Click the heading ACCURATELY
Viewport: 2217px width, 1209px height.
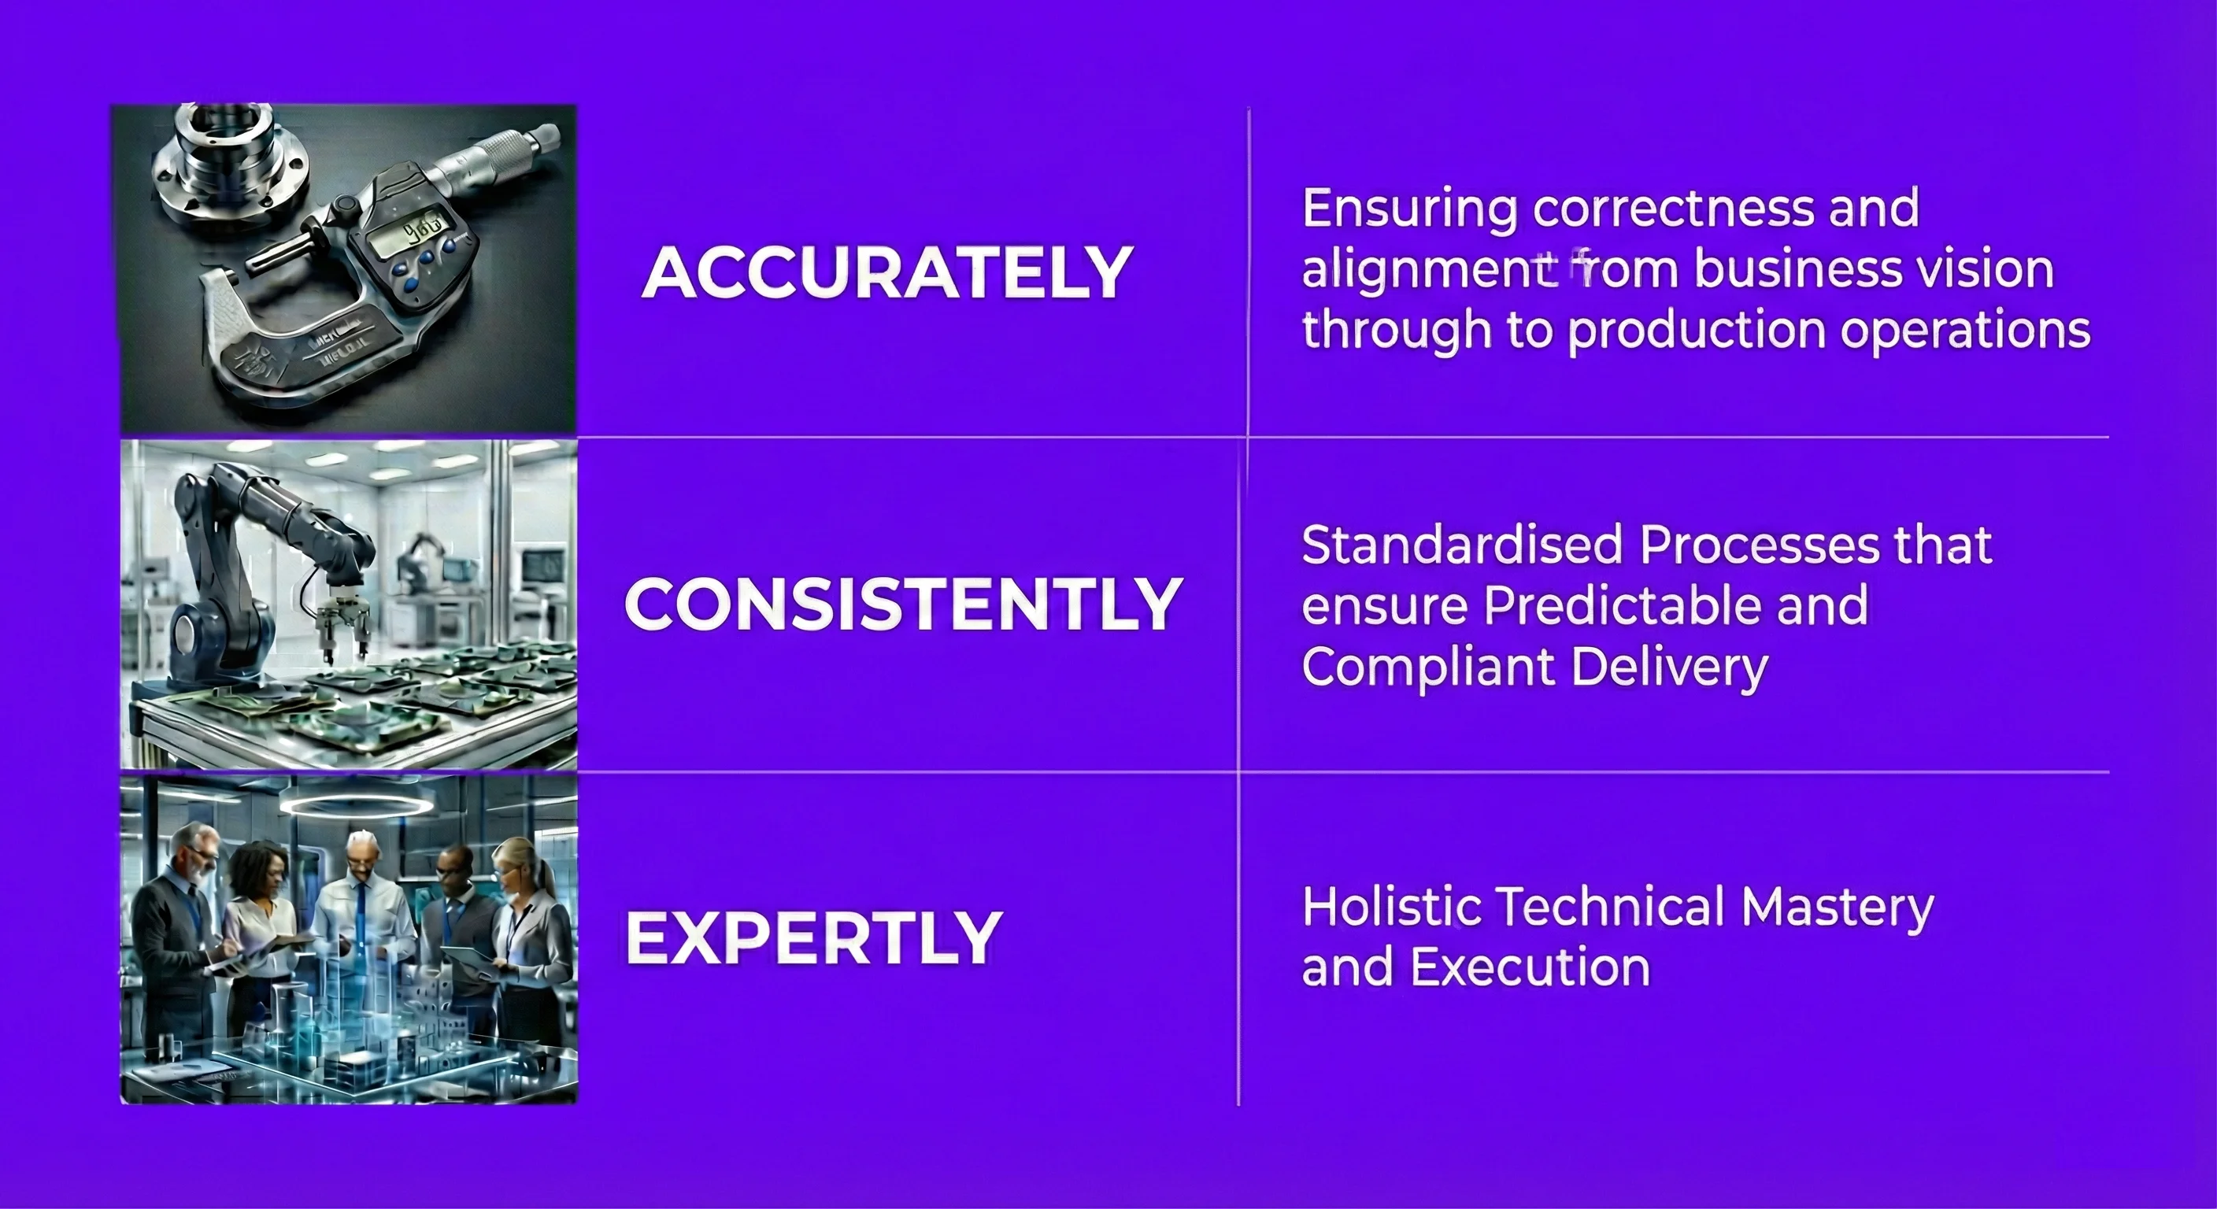pyautogui.click(x=886, y=272)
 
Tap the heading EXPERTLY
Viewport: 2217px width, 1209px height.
pyautogui.click(x=813, y=937)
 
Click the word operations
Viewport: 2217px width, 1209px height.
pyautogui.click(x=1965, y=331)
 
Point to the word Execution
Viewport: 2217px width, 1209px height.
pyautogui.click(x=1530, y=967)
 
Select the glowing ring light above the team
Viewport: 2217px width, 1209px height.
pyautogui.click(x=357, y=806)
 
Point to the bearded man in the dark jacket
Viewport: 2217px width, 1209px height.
pyautogui.click(x=176, y=938)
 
